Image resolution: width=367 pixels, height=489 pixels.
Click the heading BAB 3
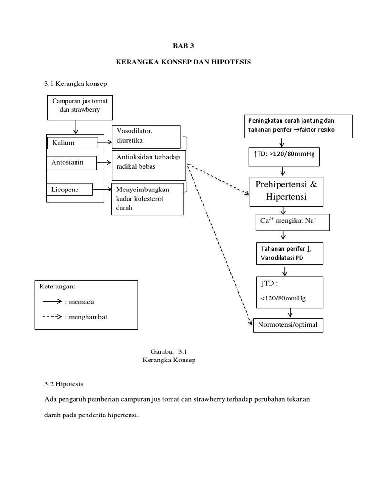[x=184, y=46]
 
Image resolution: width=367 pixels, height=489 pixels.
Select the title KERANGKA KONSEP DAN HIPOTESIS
[x=184, y=63]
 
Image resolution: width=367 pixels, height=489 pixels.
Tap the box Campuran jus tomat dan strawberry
[x=80, y=106]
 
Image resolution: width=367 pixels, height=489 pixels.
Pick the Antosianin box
[x=71, y=162]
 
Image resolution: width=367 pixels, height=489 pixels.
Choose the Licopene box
[x=69, y=190]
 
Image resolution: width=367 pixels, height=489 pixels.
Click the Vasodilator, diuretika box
[x=146, y=136]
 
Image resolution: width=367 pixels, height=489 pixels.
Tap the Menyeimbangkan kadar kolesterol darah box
[x=147, y=199]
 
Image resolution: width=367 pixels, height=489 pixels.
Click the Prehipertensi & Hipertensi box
[x=286, y=191]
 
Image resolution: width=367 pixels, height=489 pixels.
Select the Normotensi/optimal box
[x=287, y=326]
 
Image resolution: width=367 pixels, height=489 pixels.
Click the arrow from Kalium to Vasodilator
[x=106, y=142]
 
